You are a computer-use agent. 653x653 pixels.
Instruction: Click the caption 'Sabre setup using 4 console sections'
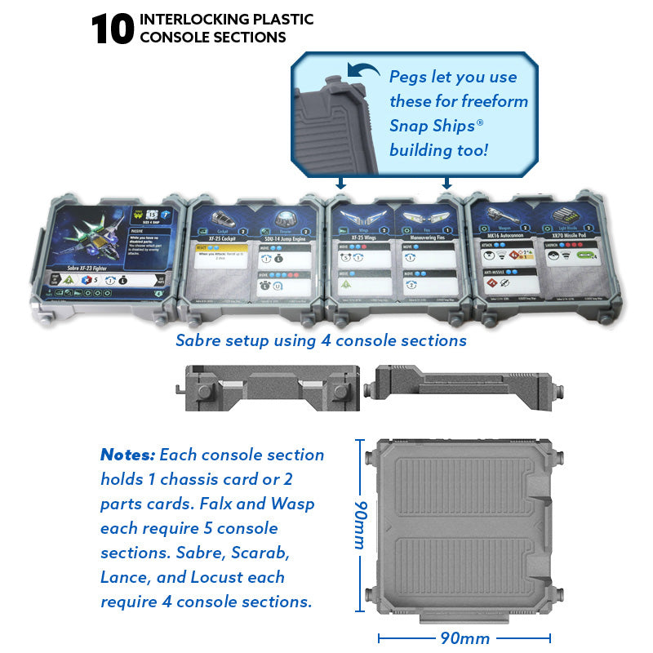click(321, 340)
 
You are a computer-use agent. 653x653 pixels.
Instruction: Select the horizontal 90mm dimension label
click(464, 637)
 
